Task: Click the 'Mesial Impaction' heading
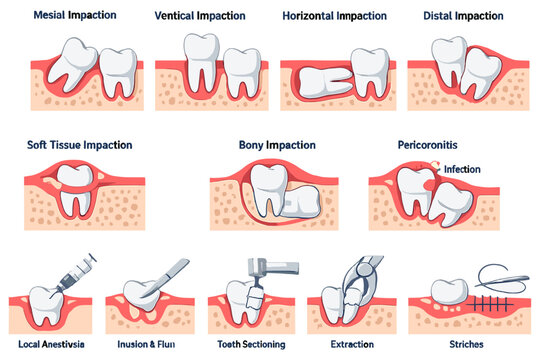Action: pos(75,15)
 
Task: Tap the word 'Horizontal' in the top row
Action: pos(308,16)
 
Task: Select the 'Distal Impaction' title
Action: pos(463,16)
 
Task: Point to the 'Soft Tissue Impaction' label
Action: pos(80,145)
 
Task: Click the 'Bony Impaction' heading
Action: pos(277,145)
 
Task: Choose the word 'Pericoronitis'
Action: pos(427,145)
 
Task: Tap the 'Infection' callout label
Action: pos(462,169)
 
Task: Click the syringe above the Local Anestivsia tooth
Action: pos(75,274)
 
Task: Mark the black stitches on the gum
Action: pos(488,304)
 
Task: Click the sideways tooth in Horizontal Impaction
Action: pos(325,82)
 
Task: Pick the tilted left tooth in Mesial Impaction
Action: pos(72,64)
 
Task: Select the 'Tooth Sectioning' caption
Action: pos(251,344)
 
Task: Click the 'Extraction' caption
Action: pos(352,344)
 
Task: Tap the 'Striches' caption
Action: pos(466,344)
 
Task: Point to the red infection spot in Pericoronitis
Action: pos(429,185)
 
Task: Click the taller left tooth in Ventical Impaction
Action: pos(201,62)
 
